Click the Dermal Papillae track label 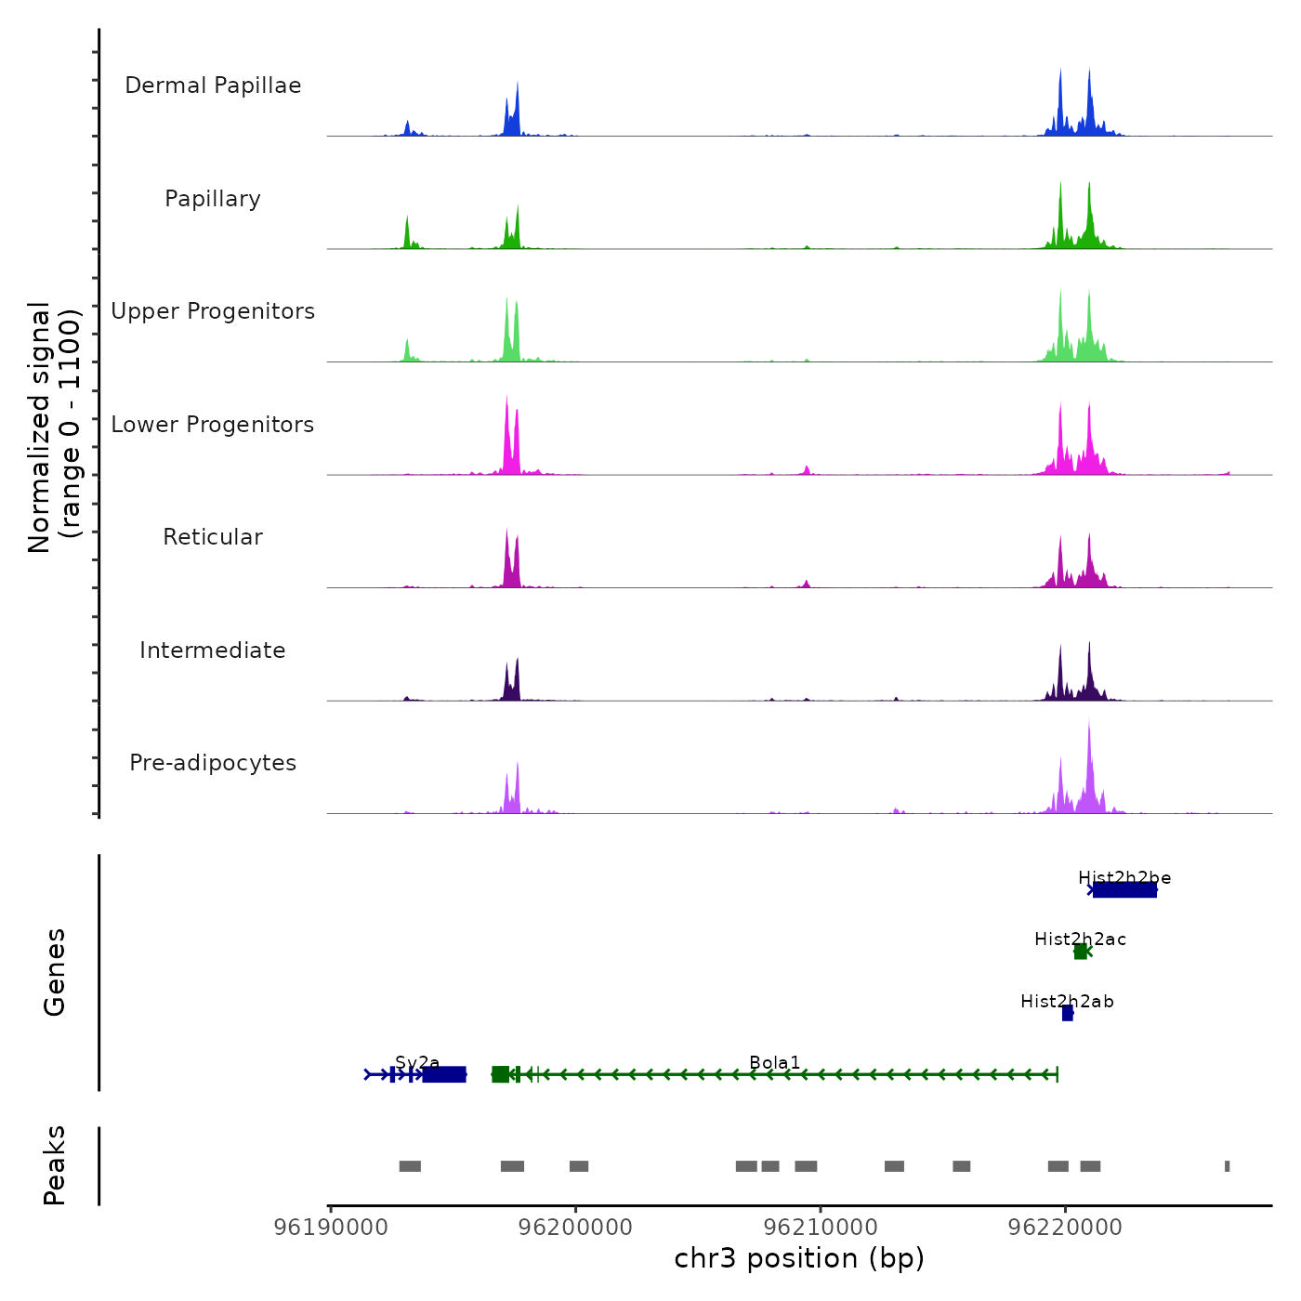coord(213,85)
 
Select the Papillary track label coord(213,199)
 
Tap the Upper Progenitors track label coord(213,311)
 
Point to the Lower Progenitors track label coord(213,425)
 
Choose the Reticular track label coord(213,537)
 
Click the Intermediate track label coord(213,650)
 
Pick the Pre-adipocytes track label coord(213,763)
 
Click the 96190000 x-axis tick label coord(331,1227)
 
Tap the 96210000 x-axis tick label coord(821,1227)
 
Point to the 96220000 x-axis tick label coord(1065,1227)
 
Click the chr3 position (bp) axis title coord(799,1258)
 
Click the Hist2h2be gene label coord(1124,878)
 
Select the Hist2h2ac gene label coord(1080,940)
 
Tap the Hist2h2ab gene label coord(1067,1002)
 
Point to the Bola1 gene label coord(774,1063)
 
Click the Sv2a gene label coord(417,1063)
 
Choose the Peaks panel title coord(55,1165)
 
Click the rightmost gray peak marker coord(1227,1166)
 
